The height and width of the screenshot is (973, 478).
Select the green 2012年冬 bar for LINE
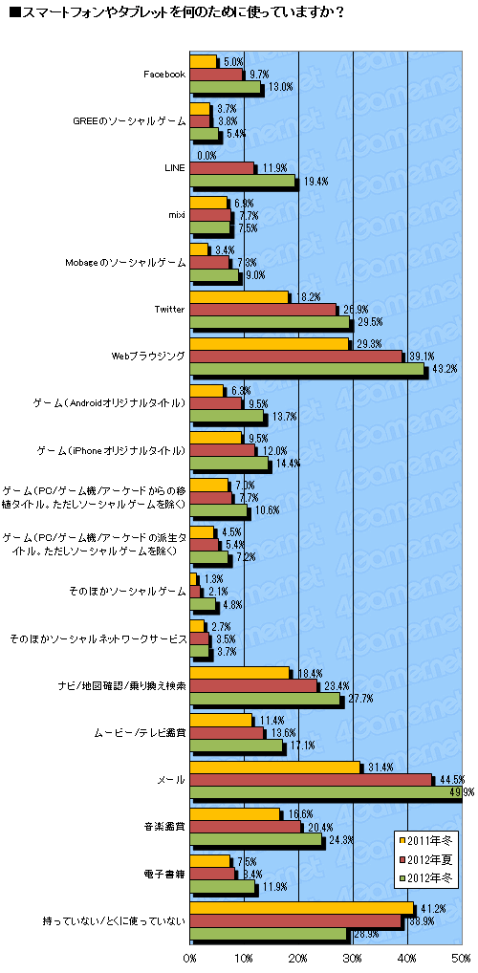pos(244,182)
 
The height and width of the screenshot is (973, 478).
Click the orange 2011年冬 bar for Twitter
pos(239,297)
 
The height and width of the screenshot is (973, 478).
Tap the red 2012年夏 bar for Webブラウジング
pos(295,356)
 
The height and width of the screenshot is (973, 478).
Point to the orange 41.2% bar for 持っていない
pos(302,907)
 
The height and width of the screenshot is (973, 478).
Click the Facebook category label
pos(163,75)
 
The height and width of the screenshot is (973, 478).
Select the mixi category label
pos(176,215)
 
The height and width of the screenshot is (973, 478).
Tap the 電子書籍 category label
pos(168,874)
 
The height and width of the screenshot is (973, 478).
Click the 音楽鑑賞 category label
pos(168,827)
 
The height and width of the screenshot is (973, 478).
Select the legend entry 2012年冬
pos(432,876)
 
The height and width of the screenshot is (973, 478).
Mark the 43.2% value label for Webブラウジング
pos(441,369)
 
